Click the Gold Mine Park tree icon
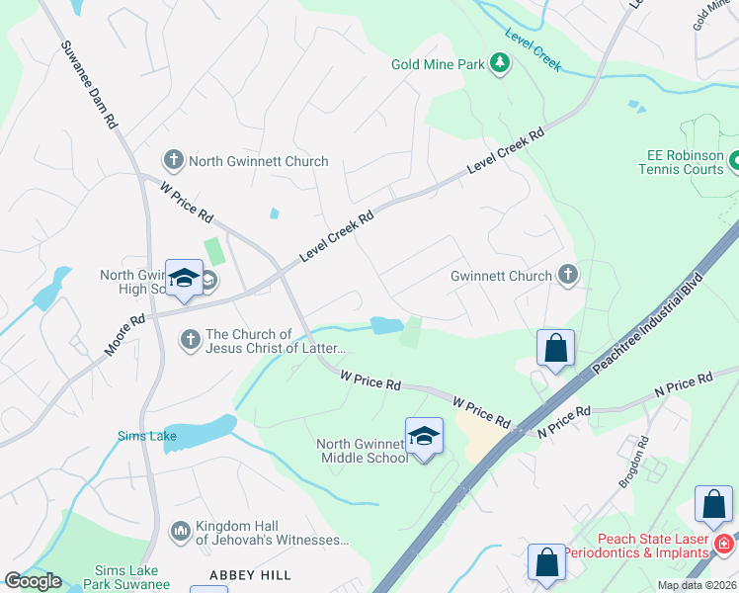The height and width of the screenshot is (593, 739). [501, 64]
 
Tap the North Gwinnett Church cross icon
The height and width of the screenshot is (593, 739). [173, 160]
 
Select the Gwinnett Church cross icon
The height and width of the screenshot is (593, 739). [567, 276]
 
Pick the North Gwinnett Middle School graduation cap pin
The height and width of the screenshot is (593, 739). [424, 436]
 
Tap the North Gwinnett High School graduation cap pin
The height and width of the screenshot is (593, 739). [185, 279]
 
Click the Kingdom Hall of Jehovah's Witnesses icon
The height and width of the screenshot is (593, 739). [180, 533]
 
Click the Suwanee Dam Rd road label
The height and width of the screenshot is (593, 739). [91, 86]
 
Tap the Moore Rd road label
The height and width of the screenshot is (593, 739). [125, 335]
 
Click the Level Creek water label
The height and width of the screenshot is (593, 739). [533, 49]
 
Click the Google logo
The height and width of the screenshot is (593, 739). [34, 580]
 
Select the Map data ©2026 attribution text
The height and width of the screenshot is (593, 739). [697, 585]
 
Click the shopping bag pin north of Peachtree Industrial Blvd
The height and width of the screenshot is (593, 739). [556, 348]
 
